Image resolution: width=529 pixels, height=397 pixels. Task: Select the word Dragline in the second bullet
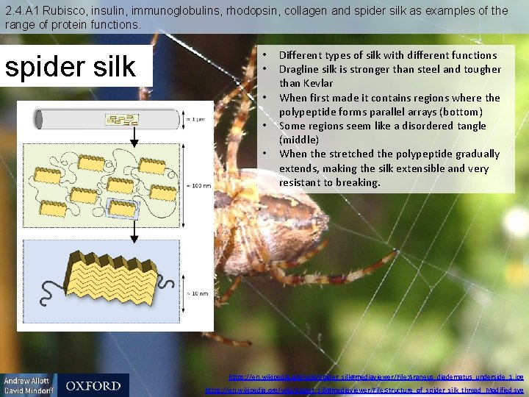coord(301,69)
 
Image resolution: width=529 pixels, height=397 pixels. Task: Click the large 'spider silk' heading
coord(71,66)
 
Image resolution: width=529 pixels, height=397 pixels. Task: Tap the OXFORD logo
coord(93,385)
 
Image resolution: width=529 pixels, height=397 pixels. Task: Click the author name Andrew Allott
coord(28,381)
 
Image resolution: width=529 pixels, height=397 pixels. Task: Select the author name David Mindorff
coord(28,391)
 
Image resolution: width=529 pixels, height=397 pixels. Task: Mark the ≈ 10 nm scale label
coord(196,293)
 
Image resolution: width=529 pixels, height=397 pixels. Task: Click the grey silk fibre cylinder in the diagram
coord(107,118)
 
